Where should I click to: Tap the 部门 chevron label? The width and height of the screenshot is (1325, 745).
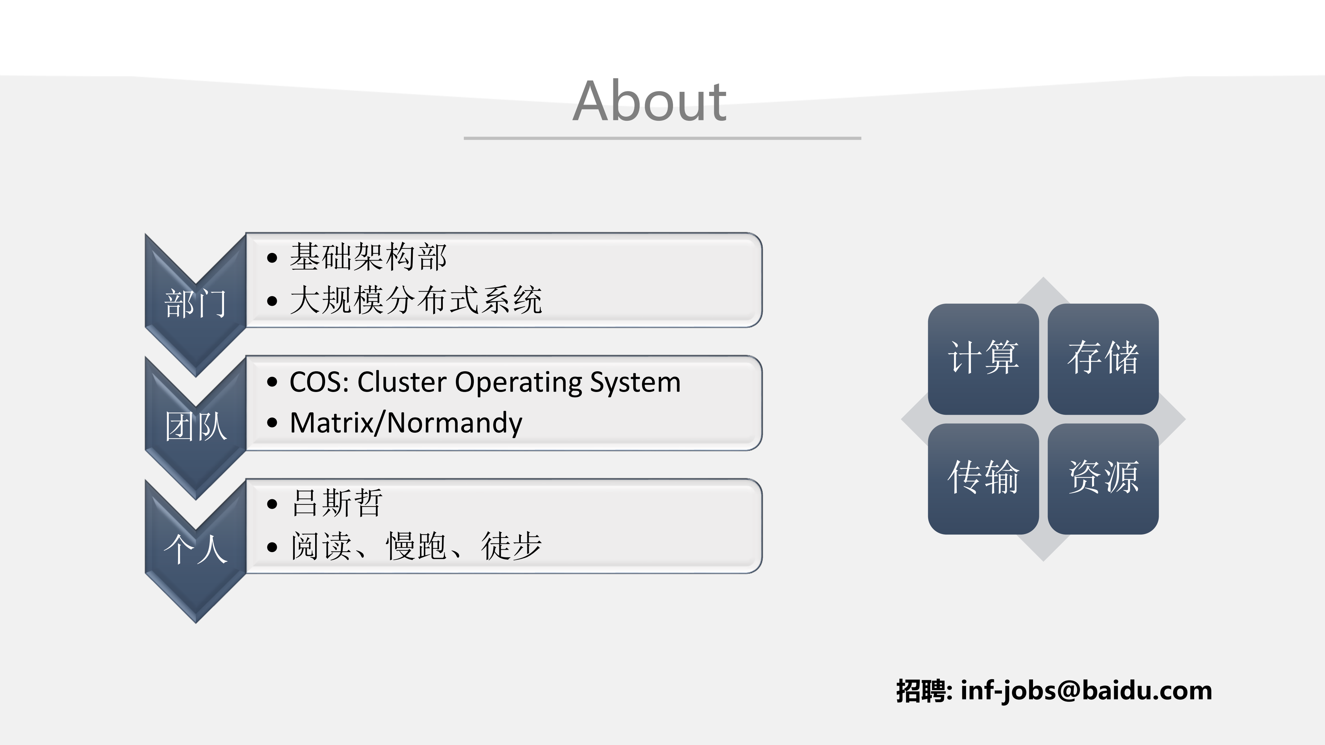[195, 303]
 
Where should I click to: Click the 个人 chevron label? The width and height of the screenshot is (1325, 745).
[195, 549]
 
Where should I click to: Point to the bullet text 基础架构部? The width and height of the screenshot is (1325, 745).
[368, 257]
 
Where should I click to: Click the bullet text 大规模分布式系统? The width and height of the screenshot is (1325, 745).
[416, 300]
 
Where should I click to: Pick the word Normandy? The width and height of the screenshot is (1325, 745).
[454, 423]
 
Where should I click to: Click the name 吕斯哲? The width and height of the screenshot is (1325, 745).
[337, 503]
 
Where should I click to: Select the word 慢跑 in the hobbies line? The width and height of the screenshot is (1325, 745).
[416, 546]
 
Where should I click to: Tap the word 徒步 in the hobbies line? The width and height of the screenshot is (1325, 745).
[511, 546]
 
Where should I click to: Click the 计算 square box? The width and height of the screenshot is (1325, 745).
[983, 359]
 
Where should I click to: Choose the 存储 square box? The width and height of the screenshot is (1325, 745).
[1103, 359]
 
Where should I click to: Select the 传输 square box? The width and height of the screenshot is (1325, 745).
[983, 478]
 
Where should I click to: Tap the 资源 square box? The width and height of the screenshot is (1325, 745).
[1103, 478]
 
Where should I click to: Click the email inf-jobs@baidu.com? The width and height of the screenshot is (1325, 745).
[1086, 690]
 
